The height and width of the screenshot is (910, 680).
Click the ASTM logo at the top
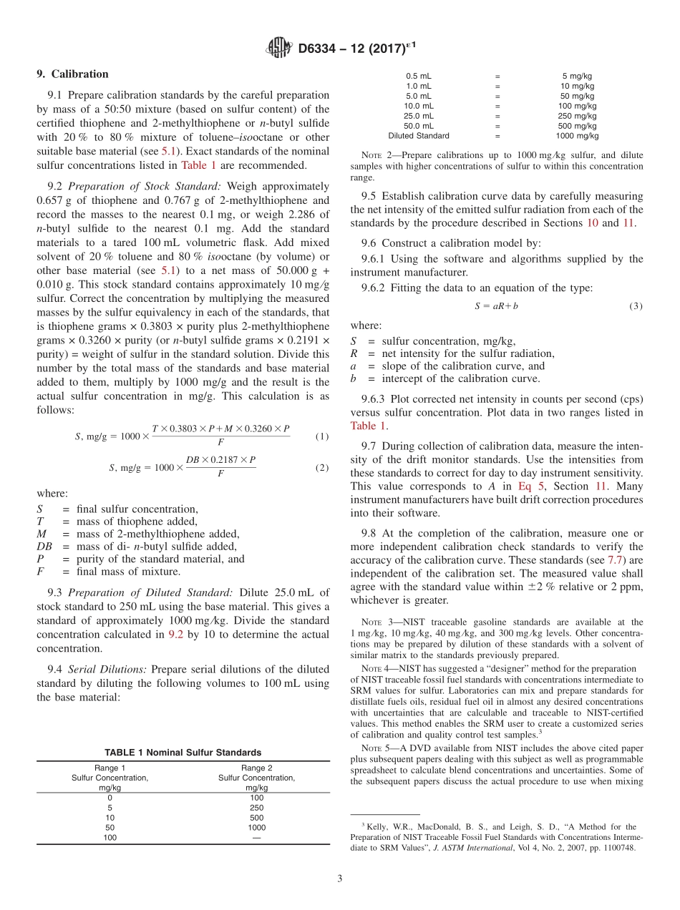[x=279, y=48]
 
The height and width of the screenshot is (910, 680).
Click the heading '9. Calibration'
[x=72, y=74]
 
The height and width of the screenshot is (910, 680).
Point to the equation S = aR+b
[x=496, y=305]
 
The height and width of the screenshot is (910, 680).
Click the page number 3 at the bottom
[x=339, y=879]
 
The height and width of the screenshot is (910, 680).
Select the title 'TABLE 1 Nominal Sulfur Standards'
[x=183, y=752]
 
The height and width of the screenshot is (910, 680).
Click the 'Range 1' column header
[x=110, y=768]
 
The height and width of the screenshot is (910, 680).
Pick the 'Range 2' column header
[x=256, y=768]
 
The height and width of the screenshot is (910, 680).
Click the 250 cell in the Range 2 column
[x=256, y=807]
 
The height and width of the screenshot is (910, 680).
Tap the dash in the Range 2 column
[x=256, y=837]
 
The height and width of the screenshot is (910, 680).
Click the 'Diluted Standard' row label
[x=419, y=135]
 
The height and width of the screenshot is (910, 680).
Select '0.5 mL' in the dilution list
[x=419, y=76]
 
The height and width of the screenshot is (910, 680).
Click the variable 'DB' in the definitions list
[x=43, y=547]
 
